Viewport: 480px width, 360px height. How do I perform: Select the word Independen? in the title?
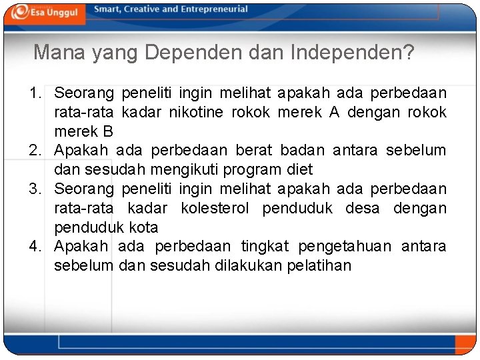pos(353,53)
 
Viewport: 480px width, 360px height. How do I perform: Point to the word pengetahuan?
pos(345,247)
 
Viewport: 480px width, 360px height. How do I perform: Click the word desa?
pos(362,209)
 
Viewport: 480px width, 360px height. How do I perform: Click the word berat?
pos(254,151)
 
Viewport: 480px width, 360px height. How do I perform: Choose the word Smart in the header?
pos(107,9)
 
